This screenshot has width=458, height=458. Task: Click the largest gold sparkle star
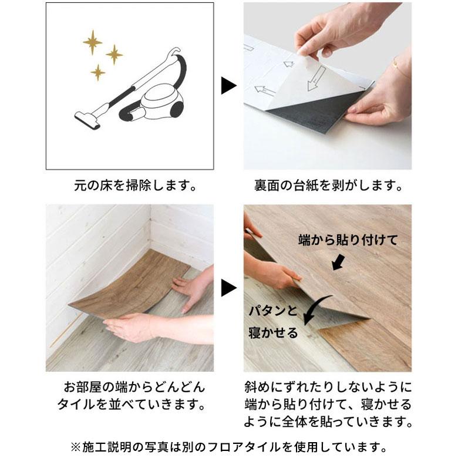coord(93,42)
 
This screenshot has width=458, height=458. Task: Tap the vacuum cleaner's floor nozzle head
coord(87,120)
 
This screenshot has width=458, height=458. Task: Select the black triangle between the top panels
coord(228,86)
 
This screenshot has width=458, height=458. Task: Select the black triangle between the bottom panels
coord(228,288)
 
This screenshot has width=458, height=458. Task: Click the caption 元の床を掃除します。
coord(136,186)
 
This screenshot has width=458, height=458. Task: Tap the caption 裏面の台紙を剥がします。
coord(328,186)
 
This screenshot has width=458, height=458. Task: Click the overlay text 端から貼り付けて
coord(348,240)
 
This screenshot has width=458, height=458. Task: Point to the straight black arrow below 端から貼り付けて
coord(339,262)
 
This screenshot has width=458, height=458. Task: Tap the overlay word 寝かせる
coord(273,333)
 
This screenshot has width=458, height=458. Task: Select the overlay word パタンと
coord(273,311)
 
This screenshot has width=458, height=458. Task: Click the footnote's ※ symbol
coord(75,447)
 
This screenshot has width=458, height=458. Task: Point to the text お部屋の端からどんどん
coord(134,388)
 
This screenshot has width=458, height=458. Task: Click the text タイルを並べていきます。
coord(132,405)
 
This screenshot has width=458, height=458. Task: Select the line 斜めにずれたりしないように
coord(328,388)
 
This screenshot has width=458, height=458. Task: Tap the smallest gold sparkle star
coord(98,72)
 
